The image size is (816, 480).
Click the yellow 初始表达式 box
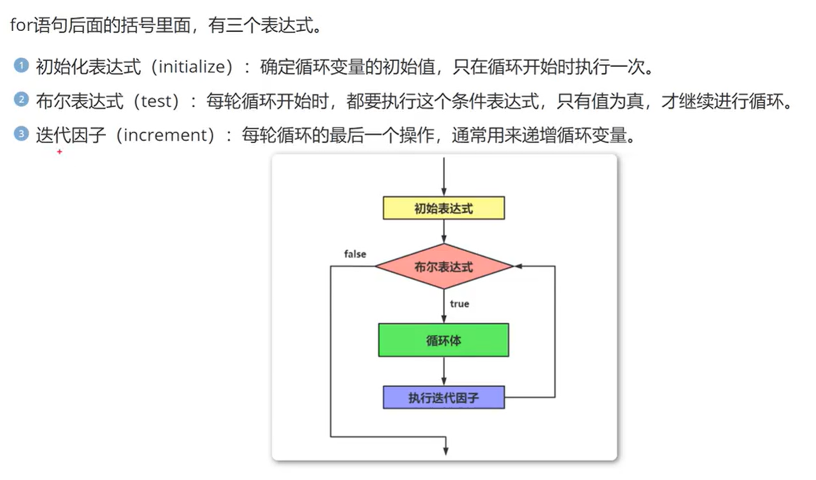444,208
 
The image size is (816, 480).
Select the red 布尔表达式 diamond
444,267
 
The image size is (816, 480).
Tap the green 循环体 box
444,340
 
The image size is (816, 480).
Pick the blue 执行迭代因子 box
444,398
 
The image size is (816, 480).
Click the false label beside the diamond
355,254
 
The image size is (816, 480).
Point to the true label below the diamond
459,304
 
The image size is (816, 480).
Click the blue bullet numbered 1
21,66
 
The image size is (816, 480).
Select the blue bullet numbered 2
21,100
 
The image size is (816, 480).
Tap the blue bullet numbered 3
21,134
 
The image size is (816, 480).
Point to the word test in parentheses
160,101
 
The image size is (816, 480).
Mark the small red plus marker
59,152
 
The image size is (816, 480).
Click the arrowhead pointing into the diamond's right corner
518,267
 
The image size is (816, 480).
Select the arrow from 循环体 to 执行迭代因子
444,371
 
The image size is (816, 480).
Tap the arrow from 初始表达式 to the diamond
444,231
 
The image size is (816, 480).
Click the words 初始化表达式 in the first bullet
88,67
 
